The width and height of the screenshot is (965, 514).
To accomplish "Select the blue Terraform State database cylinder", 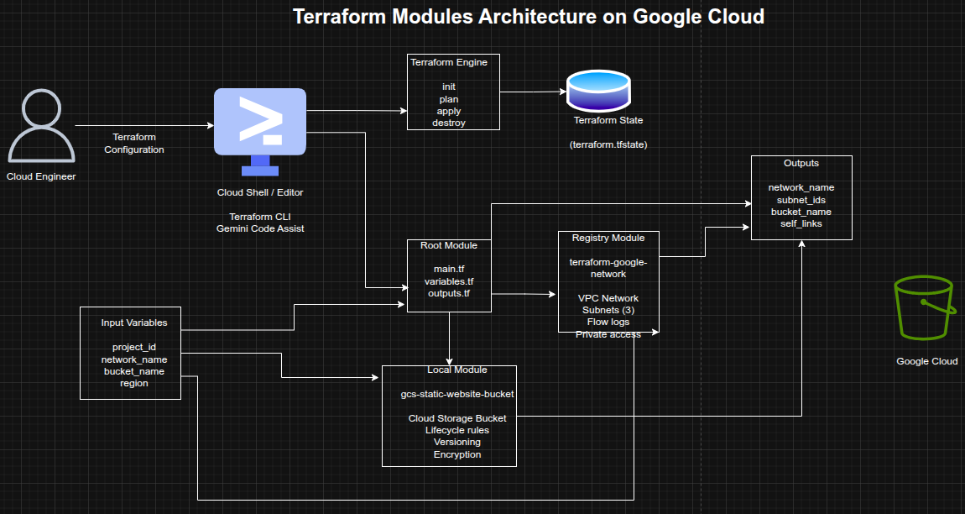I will pyautogui.click(x=597, y=91).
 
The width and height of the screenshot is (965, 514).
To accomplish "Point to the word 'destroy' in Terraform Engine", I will pyautogui.click(x=449, y=123).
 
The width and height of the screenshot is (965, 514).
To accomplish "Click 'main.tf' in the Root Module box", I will pyautogui.click(x=449, y=269).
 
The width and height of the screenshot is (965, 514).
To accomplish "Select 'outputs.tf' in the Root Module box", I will pyautogui.click(x=449, y=293).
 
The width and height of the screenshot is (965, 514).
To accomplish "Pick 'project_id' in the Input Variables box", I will pyautogui.click(x=134, y=347).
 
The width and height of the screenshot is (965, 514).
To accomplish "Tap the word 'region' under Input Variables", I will pyautogui.click(x=134, y=383).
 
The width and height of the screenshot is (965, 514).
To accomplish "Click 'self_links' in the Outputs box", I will pyautogui.click(x=801, y=223).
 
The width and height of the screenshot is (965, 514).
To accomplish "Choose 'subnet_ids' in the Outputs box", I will pyautogui.click(x=801, y=200).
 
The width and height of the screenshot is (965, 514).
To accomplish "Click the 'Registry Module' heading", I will pyautogui.click(x=608, y=238).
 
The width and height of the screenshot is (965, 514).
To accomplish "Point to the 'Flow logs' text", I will pyautogui.click(x=608, y=322).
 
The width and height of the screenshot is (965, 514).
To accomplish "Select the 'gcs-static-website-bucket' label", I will pyautogui.click(x=457, y=394).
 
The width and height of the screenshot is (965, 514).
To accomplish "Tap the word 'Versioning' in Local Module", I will pyautogui.click(x=457, y=442).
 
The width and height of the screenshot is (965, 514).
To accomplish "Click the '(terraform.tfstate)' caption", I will pyautogui.click(x=608, y=144).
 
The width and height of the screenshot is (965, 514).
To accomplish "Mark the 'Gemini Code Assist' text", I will pyautogui.click(x=260, y=228).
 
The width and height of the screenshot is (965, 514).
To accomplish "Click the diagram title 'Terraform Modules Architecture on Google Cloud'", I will pyautogui.click(x=529, y=17).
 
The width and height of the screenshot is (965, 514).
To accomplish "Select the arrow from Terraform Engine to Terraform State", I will pyautogui.click(x=533, y=92).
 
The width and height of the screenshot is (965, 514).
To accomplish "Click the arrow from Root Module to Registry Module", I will pyautogui.click(x=524, y=294).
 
